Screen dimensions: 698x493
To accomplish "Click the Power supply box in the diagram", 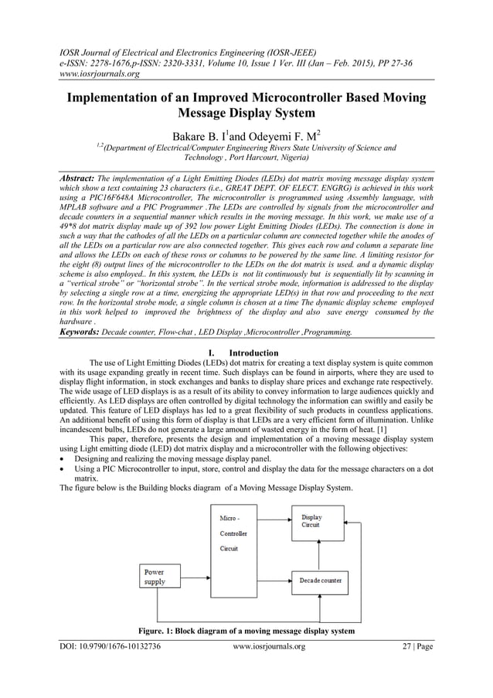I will pos(163,577).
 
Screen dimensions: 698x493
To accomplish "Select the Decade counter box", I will pos(320,580).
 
